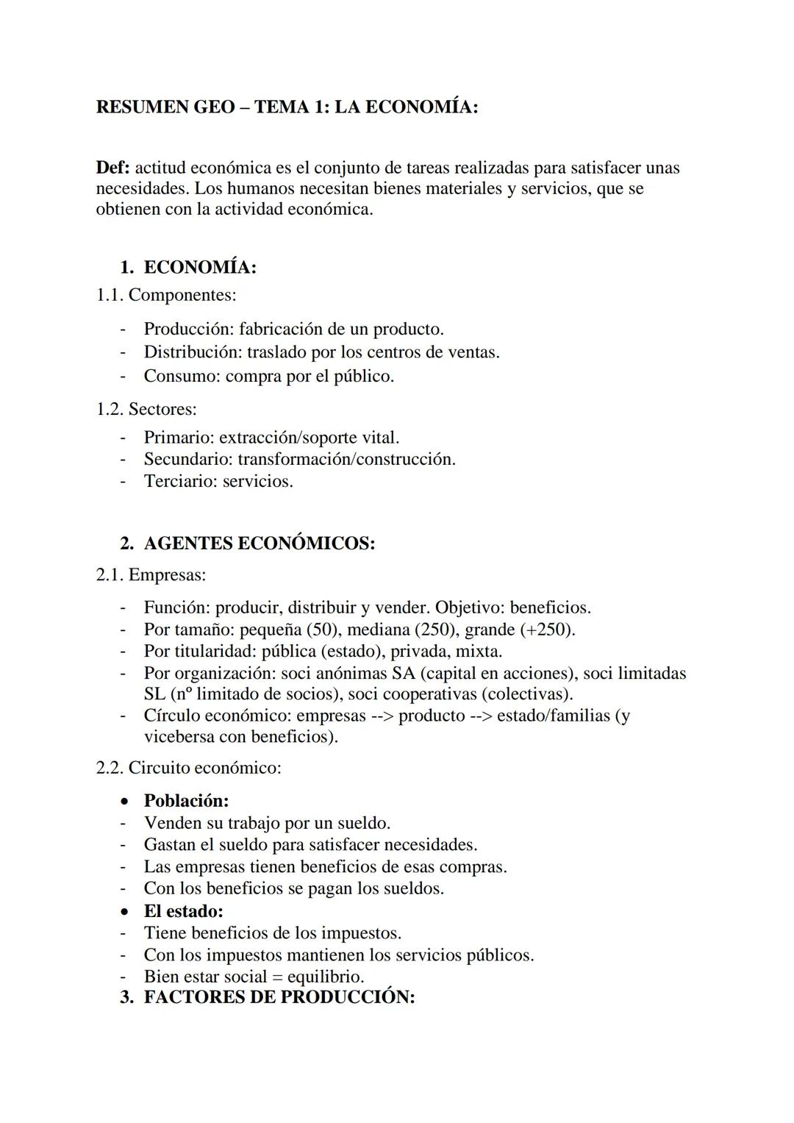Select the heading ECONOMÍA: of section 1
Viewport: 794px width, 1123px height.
click(200, 267)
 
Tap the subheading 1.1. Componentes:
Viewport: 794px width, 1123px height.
click(166, 295)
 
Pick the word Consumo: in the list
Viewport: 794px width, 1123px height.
click(182, 376)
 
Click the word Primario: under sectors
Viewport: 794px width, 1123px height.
click(179, 438)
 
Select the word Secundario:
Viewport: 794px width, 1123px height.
click(188, 460)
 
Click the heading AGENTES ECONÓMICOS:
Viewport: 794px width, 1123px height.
click(260, 543)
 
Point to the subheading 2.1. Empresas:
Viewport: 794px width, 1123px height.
click(151, 574)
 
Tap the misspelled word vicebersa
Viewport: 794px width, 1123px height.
click(181, 736)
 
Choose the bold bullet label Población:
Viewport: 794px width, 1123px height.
click(186, 800)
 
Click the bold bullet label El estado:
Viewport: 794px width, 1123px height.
click(183, 911)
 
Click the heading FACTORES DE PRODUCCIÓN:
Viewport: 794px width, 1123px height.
click(279, 997)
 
